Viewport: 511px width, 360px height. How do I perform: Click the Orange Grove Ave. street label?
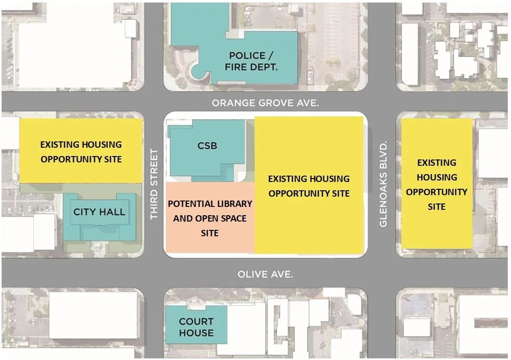[265, 103]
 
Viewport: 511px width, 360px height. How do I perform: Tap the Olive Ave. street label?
[265, 274]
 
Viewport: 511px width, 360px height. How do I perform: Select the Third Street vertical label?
[155, 184]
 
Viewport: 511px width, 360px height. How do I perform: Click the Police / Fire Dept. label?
[251, 61]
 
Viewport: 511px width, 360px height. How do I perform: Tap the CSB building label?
[207, 146]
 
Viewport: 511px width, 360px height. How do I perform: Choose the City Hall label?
[99, 212]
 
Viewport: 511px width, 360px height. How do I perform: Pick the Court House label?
[196, 327]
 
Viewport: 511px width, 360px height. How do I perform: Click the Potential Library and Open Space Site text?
[210, 218]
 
